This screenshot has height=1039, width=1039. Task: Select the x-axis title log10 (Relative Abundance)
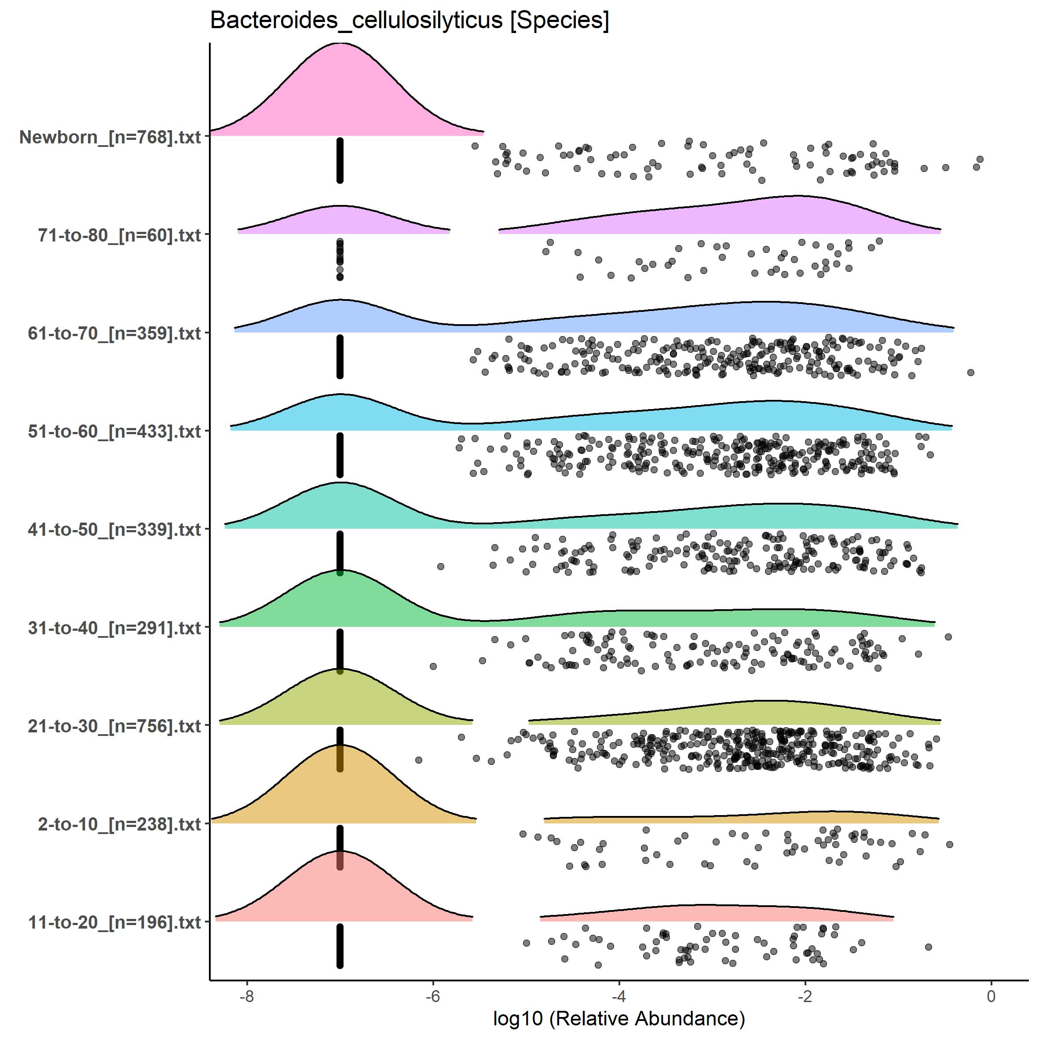tap(618, 1019)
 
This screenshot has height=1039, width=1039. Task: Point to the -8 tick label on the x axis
tap(246, 996)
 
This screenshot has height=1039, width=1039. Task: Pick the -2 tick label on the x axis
tap(805, 996)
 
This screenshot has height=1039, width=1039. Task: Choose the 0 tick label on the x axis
tap(991, 996)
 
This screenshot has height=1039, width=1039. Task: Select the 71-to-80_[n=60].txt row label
tap(119, 235)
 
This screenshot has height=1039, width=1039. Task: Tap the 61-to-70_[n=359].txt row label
tap(114, 333)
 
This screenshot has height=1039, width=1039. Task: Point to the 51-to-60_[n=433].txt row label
tap(114, 431)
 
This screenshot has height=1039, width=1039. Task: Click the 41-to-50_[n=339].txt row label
tap(114, 530)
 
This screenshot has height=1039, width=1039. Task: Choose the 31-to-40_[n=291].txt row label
tap(114, 628)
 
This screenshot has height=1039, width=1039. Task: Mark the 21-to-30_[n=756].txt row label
tap(114, 726)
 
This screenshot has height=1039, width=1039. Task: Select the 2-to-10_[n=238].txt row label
tap(119, 824)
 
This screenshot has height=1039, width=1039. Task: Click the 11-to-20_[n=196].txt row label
tap(114, 922)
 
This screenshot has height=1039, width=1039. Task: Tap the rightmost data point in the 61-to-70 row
tap(971, 372)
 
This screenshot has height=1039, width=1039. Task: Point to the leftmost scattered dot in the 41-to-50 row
tap(440, 566)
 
